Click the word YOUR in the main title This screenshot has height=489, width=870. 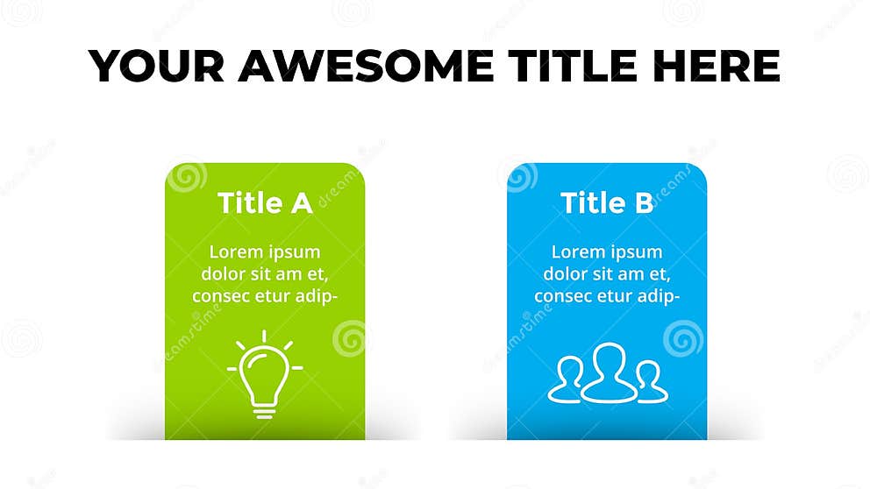[155, 66]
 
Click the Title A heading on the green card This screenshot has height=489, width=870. [265, 203]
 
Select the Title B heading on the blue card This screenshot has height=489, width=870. [607, 203]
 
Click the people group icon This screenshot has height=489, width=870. [608, 374]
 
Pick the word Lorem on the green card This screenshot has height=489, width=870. [236, 252]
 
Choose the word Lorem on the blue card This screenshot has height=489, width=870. [578, 252]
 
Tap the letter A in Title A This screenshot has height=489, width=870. [301, 203]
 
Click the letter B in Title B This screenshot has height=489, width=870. [643, 203]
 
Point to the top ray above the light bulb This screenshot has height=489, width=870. [264, 336]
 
